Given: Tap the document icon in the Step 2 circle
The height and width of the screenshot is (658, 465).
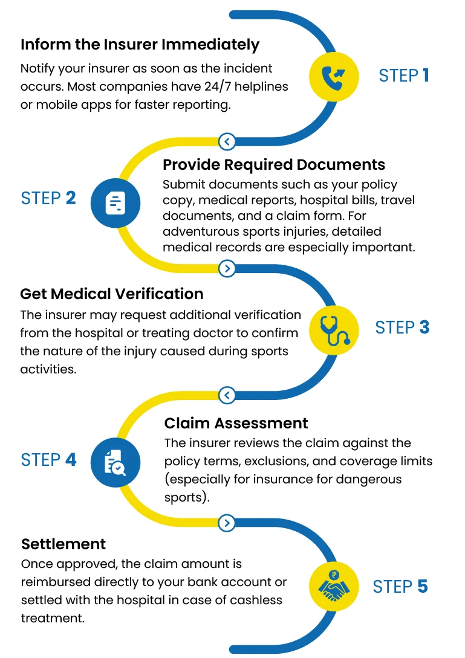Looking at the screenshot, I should (115, 202).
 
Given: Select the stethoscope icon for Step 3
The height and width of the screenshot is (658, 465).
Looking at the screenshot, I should (334, 329).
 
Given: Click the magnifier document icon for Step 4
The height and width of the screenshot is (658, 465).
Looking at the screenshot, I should (115, 461).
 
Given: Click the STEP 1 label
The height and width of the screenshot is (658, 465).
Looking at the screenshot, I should (403, 76).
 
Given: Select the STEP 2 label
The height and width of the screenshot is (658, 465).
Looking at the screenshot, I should (48, 198).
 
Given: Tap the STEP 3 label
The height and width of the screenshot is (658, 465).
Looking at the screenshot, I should (402, 327).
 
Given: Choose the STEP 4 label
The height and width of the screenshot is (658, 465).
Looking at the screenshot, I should (48, 460).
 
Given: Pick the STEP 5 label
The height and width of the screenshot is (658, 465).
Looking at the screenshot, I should (400, 587).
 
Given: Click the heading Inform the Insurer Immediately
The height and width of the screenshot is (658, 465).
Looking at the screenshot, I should (140, 45).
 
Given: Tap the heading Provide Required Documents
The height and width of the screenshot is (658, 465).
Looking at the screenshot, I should (274, 165).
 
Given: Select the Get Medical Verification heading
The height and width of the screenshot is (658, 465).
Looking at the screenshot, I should (112, 294).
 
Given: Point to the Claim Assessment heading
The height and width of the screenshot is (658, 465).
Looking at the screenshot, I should (236, 423).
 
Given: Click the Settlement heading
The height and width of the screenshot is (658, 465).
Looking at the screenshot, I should (63, 544).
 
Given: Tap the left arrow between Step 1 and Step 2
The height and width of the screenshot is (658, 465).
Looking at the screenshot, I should (227, 142).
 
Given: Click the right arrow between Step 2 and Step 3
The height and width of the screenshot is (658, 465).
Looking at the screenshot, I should (227, 268).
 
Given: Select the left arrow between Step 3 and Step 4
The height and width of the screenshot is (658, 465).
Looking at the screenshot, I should (227, 396).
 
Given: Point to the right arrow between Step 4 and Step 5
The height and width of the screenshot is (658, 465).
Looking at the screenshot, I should (227, 523).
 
